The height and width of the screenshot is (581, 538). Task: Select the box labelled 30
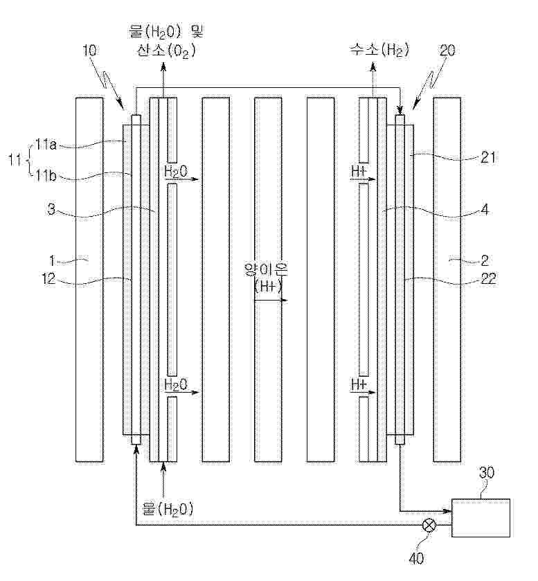[x=481, y=518]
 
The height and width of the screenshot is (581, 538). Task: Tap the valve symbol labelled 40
[x=430, y=526]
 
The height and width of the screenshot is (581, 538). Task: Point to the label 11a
[x=46, y=145]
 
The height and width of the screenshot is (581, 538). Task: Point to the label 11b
[x=46, y=176]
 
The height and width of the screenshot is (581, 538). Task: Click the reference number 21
[x=487, y=158]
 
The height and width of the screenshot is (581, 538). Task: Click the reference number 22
[x=487, y=278]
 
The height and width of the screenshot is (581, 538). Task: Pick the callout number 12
[x=49, y=278]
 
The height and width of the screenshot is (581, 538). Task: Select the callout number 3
[x=51, y=210]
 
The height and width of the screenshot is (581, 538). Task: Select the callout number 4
[x=485, y=210]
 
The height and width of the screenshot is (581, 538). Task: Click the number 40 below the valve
[x=416, y=559]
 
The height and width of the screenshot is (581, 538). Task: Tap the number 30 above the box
[x=487, y=473]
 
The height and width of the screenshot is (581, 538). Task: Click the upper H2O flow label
[x=176, y=171]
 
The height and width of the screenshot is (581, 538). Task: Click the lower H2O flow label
[x=176, y=384]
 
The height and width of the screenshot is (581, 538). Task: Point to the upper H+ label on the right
[x=359, y=171]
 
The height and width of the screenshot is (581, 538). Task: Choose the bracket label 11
[x=15, y=161]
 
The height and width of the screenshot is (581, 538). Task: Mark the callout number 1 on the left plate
[x=52, y=261]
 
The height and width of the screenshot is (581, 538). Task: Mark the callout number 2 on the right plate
[x=485, y=261]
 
